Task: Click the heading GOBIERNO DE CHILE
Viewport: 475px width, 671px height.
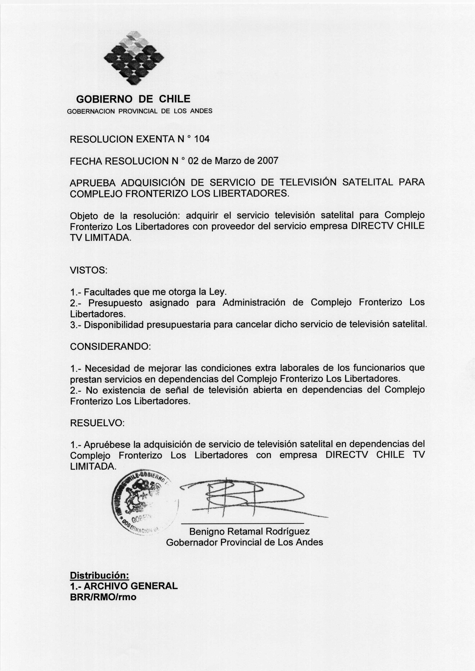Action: (133, 99)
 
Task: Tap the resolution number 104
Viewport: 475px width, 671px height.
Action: (202, 139)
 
